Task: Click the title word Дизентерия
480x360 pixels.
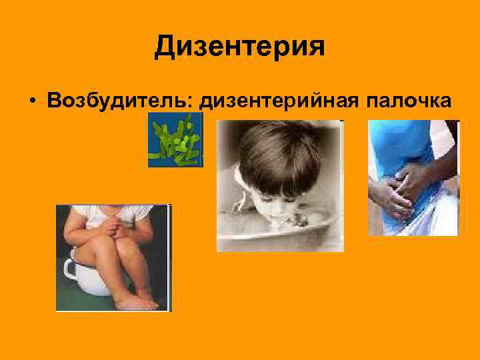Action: (239, 47)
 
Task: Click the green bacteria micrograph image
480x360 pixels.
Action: (175, 140)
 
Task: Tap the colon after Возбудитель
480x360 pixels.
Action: (195, 101)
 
